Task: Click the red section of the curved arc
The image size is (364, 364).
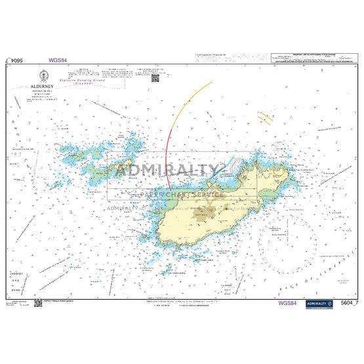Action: coord(168,157)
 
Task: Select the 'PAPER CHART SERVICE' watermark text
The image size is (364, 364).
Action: coord(182,195)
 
